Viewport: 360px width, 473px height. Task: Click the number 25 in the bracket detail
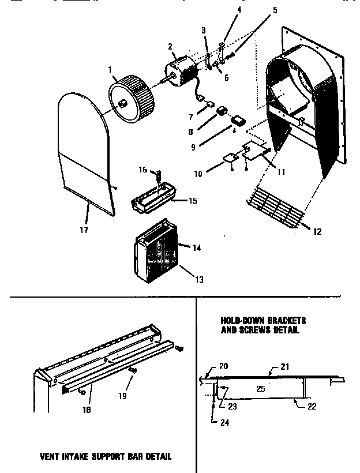(261, 389)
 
